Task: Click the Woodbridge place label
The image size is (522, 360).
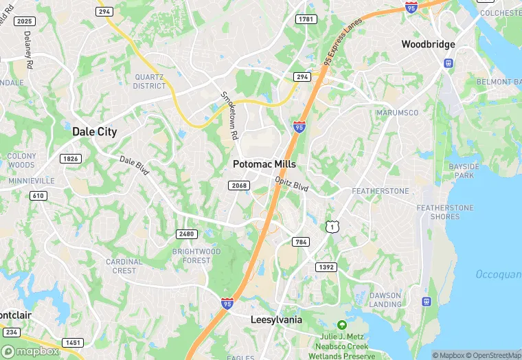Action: [428, 44]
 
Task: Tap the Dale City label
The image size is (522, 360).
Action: [95, 131]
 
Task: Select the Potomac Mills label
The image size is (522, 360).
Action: [264, 164]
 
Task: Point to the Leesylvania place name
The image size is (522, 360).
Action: [276, 319]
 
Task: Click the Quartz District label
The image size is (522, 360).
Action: [150, 81]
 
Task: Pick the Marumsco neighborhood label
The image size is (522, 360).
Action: [398, 113]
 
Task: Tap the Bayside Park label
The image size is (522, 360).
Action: [460, 170]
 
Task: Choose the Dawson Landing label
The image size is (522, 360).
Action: [385, 300]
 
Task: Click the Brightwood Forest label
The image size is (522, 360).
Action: [196, 256]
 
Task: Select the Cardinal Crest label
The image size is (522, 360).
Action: [124, 266]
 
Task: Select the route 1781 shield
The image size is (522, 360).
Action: [306, 19]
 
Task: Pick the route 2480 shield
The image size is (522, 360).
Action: [186, 234]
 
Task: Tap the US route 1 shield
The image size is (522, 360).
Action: [332, 226]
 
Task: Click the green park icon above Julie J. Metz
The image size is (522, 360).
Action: [341, 324]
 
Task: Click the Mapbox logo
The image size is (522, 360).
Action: [30, 350]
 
